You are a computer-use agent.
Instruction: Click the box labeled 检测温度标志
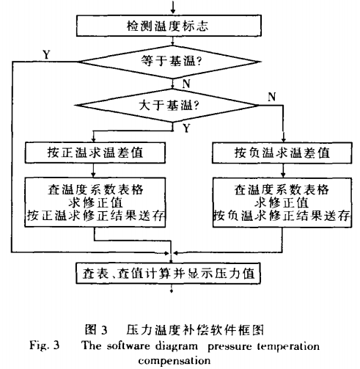(169, 26)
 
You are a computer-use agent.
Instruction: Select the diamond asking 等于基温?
(169, 62)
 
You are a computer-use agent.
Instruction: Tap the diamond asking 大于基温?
(167, 106)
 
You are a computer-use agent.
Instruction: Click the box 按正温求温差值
(95, 153)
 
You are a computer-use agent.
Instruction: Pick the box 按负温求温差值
(282, 153)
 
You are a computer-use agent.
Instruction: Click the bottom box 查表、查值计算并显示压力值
(168, 273)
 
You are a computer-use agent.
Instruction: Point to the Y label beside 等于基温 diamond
(46, 54)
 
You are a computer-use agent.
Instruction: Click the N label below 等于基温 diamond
(186, 84)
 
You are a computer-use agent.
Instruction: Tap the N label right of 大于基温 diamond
(272, 97)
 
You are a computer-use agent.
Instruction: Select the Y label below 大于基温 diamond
(186, 128)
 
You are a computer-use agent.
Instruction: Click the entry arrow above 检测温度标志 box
(173, 7)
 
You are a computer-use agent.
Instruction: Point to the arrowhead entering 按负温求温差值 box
(284, 139)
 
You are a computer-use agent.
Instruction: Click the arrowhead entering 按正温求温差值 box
(93, 139)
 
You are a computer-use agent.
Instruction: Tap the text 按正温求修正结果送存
(95, 216)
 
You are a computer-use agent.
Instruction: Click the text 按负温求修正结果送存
(282, 216)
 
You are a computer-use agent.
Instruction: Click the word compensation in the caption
(175, 361)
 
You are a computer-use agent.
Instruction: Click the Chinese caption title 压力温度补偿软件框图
(195, 329)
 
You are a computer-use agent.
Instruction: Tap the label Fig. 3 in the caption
(44, 346)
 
